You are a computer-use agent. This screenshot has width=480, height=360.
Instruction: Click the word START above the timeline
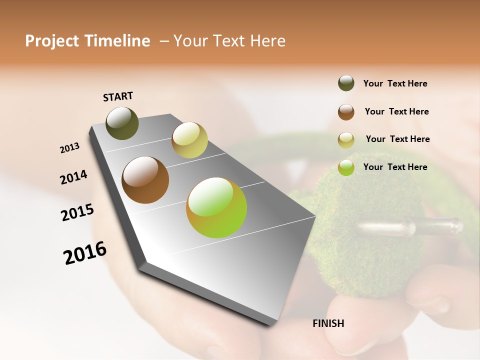pyautogui.click(x=118, y=96)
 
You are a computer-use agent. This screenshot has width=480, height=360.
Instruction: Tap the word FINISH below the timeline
pyautogui.click(x=328, y=323)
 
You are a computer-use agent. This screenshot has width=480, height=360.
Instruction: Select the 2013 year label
pyautogui.click(x=70, y=148)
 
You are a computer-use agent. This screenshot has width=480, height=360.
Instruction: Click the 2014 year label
pyautogui.click(x=74, y=177)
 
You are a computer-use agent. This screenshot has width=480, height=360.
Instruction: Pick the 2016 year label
pyautogui.click(x=85, y=253)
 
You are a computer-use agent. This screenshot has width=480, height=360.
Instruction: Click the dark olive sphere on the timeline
pyautogui.click(x=122, y=123)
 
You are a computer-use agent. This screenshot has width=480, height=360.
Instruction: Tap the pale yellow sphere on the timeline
pyautogui.click(x=189, y=140)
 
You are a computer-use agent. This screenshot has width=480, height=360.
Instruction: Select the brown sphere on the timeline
pyautogui.click(x=145, y=180)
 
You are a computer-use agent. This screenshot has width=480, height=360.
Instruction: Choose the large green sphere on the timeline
pyautogui.click(x=216, y=207)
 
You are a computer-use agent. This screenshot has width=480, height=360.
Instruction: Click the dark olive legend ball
pyautogui.click(x=346, y=83)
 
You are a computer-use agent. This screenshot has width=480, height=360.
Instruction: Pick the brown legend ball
pyautogui.click(x=346, y=112)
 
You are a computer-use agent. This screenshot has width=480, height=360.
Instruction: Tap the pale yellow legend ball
pyautogui.click(x=346, y=140)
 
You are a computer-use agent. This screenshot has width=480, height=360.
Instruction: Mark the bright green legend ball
pyautogui.click(x=346, y=167)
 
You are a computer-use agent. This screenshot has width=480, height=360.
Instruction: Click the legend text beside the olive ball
pyautogui.click(x=395, y=84)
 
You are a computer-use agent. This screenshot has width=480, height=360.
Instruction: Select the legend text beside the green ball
pyautogui.click(x=395, y=167)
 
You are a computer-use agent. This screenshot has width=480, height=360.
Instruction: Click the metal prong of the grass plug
pyautogui.click(x=410, y=227)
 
